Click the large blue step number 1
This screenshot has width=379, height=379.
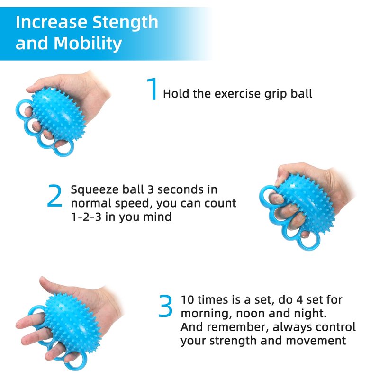coord(152,89)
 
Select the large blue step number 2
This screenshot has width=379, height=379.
coord(54,196)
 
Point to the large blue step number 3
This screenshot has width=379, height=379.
coord(165,306)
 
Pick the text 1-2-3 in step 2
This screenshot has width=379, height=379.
coord(86,217)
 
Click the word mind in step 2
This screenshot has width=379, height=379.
coord(157,217)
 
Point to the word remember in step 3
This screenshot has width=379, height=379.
coord(238,327)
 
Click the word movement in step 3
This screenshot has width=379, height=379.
coord(316,341)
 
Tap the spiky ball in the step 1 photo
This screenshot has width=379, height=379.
coord(58,114)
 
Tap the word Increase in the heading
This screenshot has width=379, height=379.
coord(51,22)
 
